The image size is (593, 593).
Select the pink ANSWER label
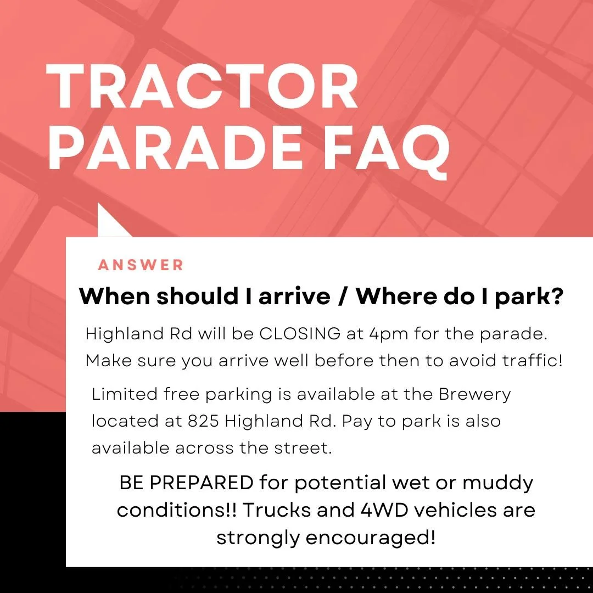[141, 265]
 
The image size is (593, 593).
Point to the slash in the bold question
[343, 296]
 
